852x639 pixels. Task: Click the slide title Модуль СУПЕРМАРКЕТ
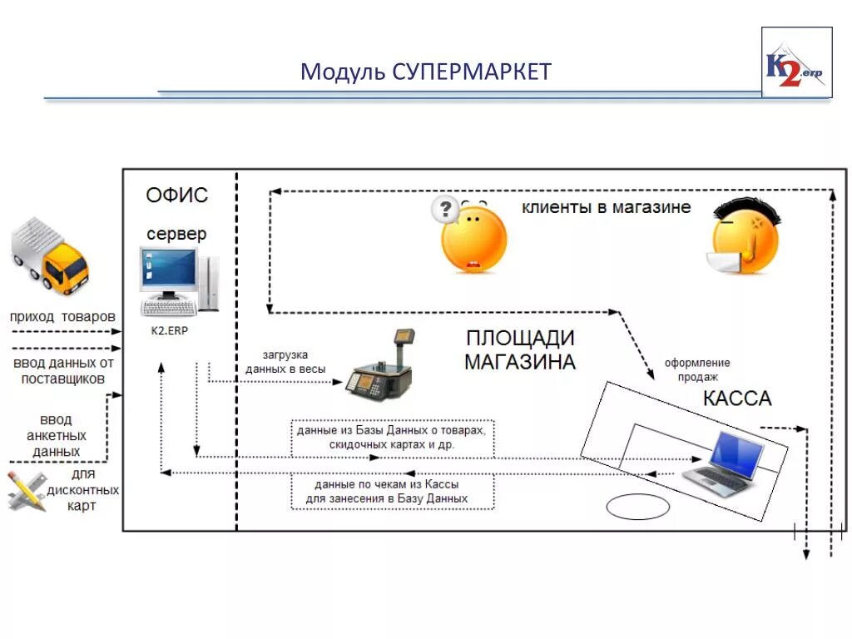425,72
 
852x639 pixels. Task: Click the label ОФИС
176,196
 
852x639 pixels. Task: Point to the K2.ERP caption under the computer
170,330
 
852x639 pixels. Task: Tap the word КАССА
737,398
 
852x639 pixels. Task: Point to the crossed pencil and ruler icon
27,490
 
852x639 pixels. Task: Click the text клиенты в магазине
606,207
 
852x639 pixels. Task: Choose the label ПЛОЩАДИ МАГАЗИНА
519,350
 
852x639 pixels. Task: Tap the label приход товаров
62,317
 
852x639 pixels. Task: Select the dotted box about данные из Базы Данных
393,438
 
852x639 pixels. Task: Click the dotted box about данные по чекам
392,491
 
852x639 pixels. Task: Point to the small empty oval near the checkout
637,507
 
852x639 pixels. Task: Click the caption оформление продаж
696,369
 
